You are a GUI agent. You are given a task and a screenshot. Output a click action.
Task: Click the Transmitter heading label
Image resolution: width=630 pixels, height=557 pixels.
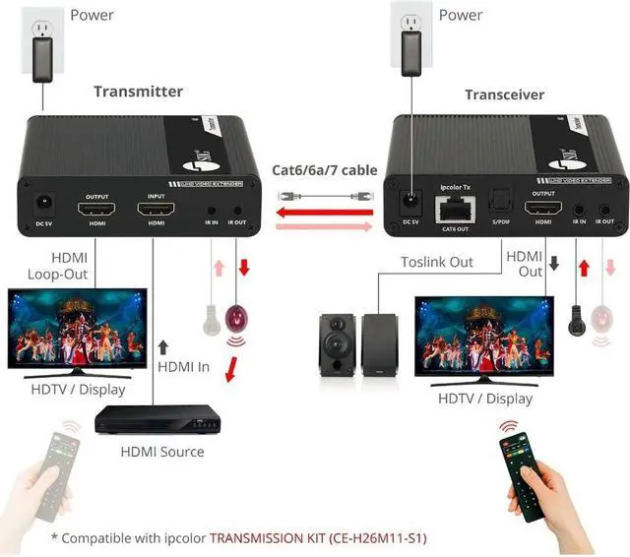pyautogui.click(x=138, y=92)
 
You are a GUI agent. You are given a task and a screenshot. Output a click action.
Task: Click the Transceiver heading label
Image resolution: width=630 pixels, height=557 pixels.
pyautogui.click(x=504, y=94)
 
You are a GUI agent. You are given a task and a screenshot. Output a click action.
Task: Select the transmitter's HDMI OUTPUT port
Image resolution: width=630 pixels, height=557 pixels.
pyautogui.click(x=96, y=211)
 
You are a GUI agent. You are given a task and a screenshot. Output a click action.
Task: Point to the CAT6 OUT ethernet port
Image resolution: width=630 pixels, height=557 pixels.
pyautogui.click(x=456, y=207)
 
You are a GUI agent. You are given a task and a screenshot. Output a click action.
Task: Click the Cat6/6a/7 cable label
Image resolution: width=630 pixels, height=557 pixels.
pyautogui.click(x=324, y=170)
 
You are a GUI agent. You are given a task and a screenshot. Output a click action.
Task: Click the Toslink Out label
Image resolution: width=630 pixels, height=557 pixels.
pyautogui.click(x=436, y=262)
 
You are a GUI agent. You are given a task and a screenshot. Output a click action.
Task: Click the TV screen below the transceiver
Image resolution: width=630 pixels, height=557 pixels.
pyautogui.click(x=479, y=340)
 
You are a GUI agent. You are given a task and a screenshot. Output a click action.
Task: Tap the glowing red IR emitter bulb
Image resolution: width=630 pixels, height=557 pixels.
pyautogui.click(x=236, y=320)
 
